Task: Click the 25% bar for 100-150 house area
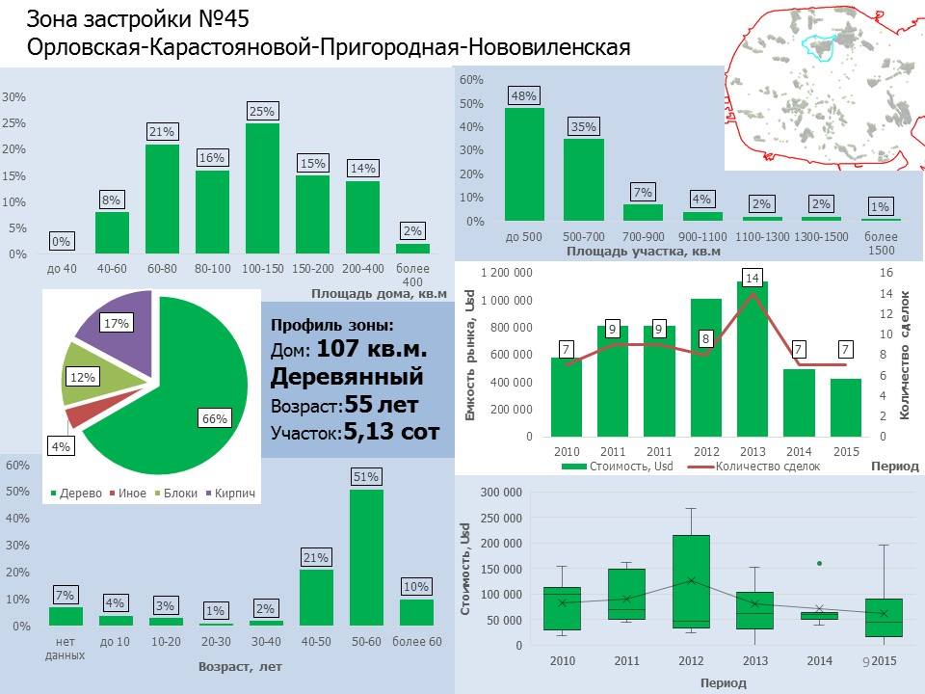click(x=262, y=188)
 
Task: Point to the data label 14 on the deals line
click(x=753, y=280)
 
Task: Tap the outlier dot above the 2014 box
click(x=819, y=563)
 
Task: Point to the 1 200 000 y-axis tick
click(x=507, y=273)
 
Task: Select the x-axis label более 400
click(x=413, y=274)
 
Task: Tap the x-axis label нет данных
click(x=66, y=648)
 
